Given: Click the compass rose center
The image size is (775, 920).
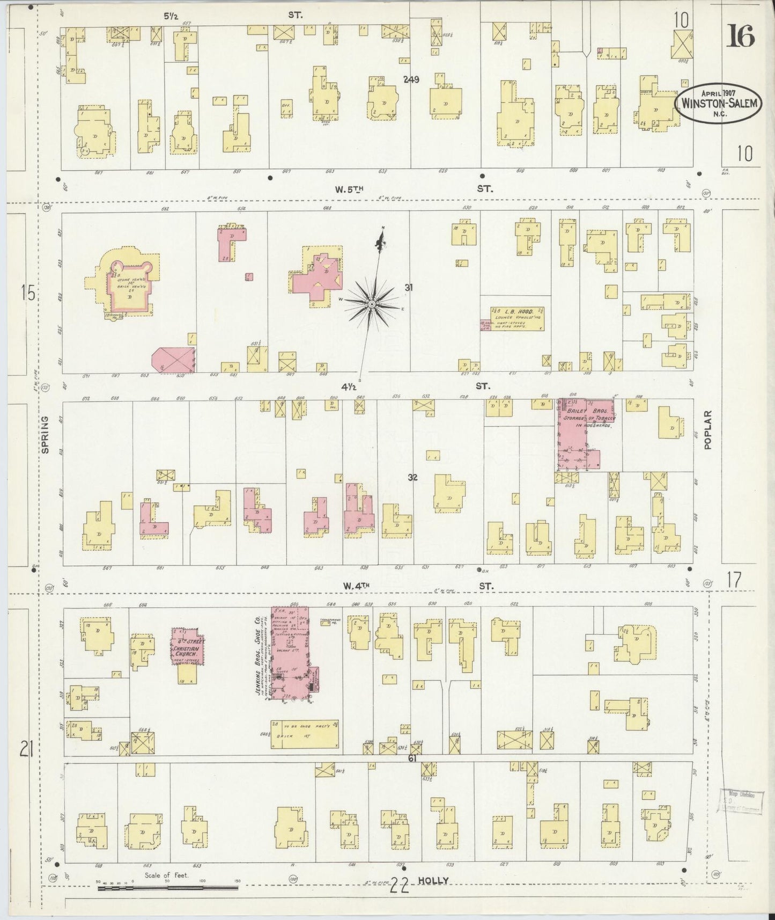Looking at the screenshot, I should point(371,304).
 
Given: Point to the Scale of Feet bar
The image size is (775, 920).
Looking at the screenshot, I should point(167,888).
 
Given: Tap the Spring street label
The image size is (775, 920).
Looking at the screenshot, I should point(45,435).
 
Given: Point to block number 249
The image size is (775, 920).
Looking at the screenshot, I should point(411,79).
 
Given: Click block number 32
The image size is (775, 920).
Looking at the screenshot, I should point(412,477).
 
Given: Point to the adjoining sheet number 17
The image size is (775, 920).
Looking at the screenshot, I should point(734,579).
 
